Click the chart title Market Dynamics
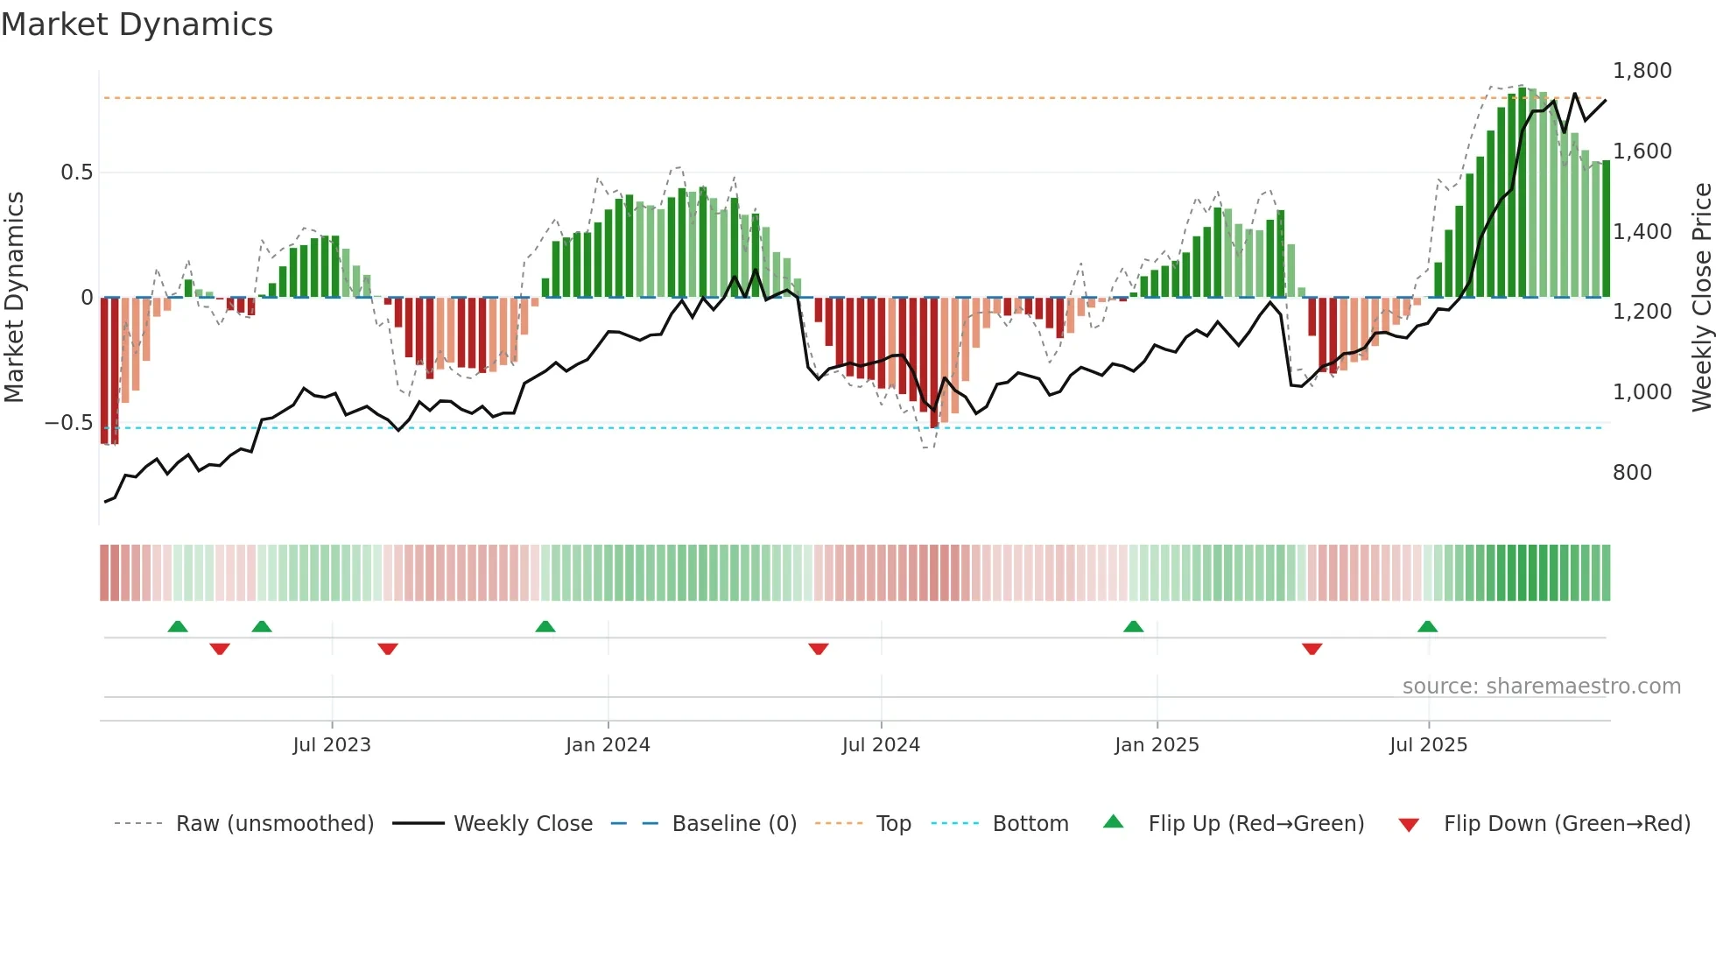pyautogui.click(x=137, y=25)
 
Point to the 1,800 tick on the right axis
pyautogui.click(x=1642, y=71)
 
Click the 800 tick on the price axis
pyautogui.click(x=1632, y=473)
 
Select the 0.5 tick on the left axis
pyautogui.click(x=76, y=173)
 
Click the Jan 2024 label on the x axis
pyautogui.click(x=608, y=745)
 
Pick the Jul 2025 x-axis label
pyautogui.click(x=1428, y=745)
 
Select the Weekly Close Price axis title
pyautogui.click(x=1701, y=298)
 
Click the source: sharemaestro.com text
pyautogui.click(x=1541, y=687)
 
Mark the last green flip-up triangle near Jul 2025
pyautogui.click(x=1427, y=627)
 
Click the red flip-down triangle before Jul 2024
pyautogui.click(x=819, y=649)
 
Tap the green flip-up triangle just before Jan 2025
pyautogui.click(x=1133, y=627)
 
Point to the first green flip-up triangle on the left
pyautogui.click(x=178, y=627)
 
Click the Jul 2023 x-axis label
pyautogui.click(x=332, y=745)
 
